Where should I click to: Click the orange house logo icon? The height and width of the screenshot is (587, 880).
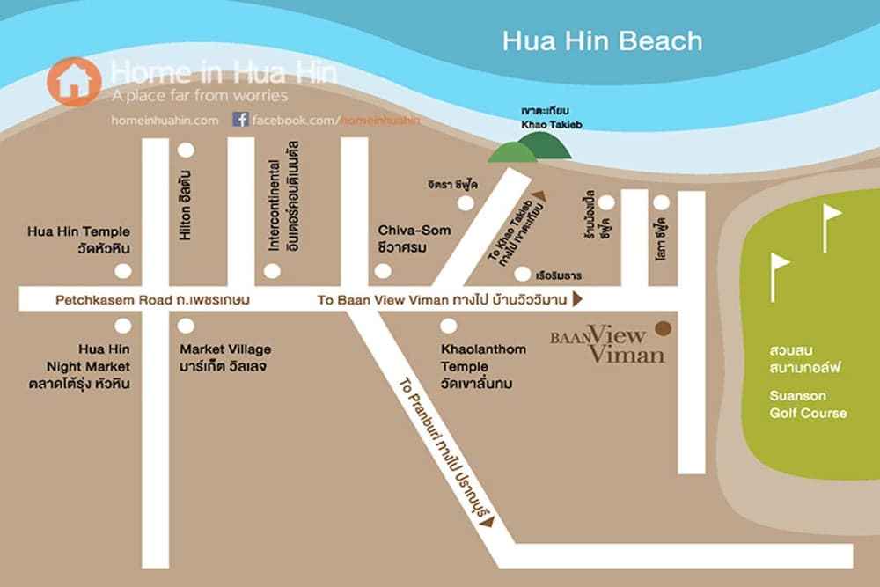click(74, 82)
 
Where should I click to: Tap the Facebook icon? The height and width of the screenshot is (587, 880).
click(239, 119)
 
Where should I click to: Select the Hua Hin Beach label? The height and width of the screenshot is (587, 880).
click(602, 41)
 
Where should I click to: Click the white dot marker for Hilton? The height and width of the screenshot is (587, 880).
click(186, 150)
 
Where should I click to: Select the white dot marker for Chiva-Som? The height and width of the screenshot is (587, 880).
click(383, 271)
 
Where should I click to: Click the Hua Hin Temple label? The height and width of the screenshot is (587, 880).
click(79, 239)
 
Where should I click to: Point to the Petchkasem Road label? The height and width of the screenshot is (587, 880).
click(152, 300)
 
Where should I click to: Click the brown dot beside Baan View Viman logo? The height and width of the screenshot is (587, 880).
click(663, 328)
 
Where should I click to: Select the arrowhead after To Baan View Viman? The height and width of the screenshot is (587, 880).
click(577, 300)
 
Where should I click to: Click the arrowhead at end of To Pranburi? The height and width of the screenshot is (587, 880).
click(487, 521)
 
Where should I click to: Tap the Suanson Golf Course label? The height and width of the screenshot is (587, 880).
click(808, 404)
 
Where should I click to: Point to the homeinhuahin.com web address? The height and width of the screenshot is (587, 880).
click(165, 120)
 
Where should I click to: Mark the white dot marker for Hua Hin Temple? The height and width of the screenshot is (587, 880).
click(123, 271)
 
